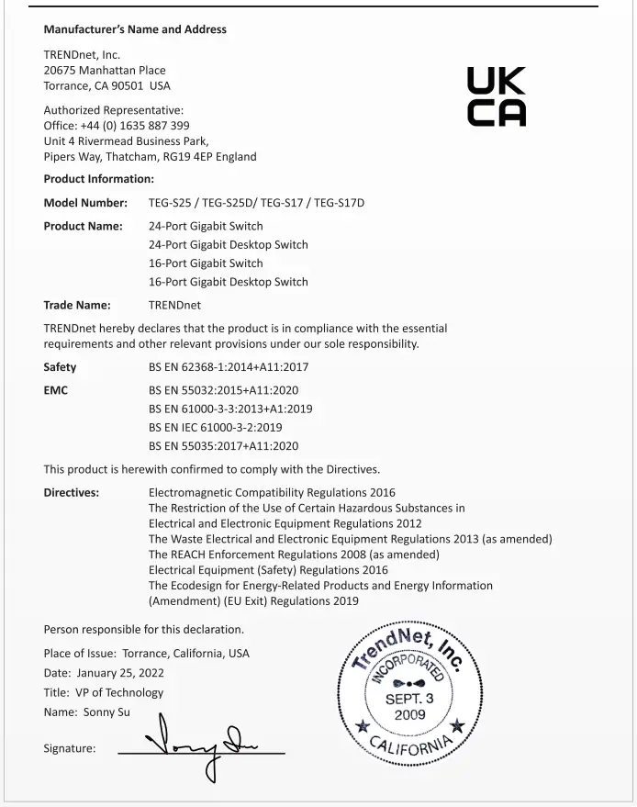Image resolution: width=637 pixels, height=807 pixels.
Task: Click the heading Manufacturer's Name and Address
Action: point(135,29)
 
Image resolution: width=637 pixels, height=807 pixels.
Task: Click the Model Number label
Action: point(85,202)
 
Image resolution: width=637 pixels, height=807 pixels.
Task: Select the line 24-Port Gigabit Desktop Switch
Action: point(228,245)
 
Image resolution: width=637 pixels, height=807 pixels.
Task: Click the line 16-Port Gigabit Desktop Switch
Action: point(228,282)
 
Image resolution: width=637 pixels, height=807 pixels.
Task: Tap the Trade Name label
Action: point(77,305)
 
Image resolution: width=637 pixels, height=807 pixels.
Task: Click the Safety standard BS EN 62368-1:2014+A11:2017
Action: point(229,367)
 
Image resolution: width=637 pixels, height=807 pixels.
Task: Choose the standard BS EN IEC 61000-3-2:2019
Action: point(215,428)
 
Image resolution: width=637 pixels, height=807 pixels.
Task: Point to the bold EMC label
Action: point(56,390)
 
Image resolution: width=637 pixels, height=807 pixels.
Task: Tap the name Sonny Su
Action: point(112,712)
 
